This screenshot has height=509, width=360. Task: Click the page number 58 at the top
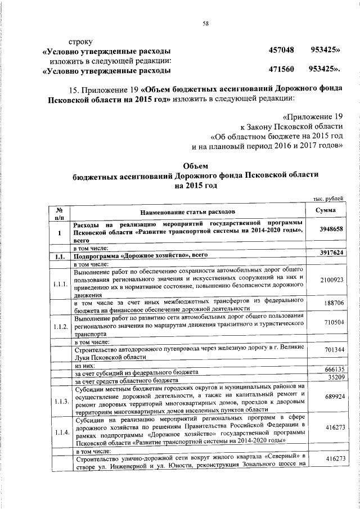click(x=205, y=23)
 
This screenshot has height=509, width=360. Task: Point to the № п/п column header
click(x=58, y=213)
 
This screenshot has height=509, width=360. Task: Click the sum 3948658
click(x=331, y=229)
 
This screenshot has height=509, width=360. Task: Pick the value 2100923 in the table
click(x=331, y=280)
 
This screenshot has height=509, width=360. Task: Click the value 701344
click(x=331, y=350)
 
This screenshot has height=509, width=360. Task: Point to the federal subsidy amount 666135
click(x=331, y=370)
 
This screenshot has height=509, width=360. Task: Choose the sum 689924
click(x=331, y=397)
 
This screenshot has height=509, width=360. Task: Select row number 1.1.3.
click(x=58, y=401)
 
